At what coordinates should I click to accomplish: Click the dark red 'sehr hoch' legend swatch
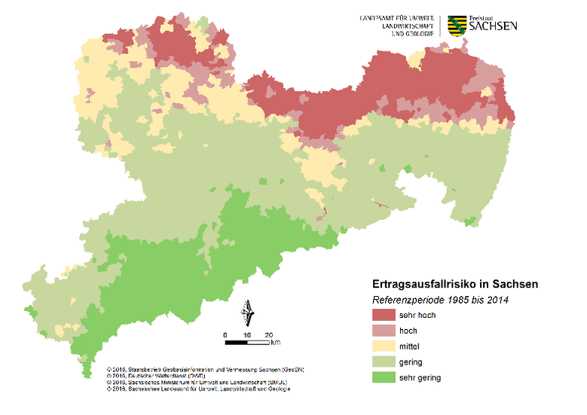click(x=385, y=315)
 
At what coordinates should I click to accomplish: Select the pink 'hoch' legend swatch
click(x=385, y=331)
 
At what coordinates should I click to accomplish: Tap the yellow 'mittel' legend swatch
click(x=385, y=346)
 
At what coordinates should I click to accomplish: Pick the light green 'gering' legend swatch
click(x=385, y=362)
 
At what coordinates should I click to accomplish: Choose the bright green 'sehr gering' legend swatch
click(x=385, y=377)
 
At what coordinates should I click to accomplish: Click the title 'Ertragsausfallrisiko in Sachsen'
click(x=455, y=285)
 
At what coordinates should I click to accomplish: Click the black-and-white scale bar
click(x=247, y=343)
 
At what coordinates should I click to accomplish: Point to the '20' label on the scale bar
click(x=268, y=334)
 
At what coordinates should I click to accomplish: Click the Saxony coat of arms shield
click(x=456, y=26)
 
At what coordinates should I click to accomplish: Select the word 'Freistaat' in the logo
click(x=482, y=17)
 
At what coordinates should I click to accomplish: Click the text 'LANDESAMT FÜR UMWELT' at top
click(x=399, y=17)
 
